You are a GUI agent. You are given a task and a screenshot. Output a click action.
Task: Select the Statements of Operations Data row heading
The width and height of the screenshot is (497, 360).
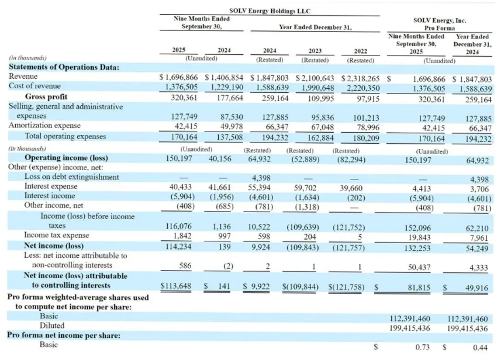click(64, 67)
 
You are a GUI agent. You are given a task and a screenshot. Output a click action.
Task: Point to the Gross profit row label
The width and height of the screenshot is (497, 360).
click(46, 96)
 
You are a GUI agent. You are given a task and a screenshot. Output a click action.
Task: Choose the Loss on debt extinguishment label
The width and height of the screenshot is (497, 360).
click(71, 177)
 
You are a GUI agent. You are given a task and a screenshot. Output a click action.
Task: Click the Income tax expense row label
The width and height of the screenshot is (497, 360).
click(44, 236)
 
